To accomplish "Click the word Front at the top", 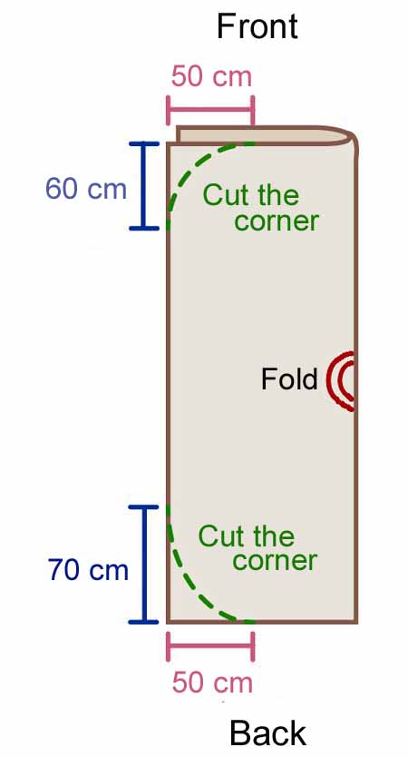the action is click(257, 26).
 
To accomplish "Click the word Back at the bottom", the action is click(267, 732).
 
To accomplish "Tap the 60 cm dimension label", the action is click(86, 188).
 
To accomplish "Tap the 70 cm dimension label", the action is click(88, 570).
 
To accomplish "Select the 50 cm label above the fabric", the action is click(212, 77).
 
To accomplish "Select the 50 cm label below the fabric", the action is click(212, 683).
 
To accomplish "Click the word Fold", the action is click(289, 379).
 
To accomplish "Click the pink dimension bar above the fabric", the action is click(210, 110).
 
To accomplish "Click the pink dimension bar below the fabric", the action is click(210, 646).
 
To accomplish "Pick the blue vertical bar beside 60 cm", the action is click(143, 186).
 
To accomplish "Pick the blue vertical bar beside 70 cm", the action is click(143, 564).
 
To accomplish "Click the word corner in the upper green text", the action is click(277, 221).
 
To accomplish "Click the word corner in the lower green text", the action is click(275, 561).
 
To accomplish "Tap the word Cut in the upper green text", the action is click(222, 195).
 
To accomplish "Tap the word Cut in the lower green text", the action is click(218, 536).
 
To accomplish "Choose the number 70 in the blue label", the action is click(63, 570).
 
